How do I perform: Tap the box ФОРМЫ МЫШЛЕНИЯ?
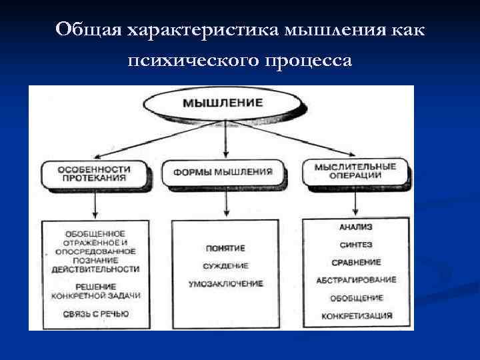coord(223,172)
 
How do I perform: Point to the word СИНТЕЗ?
coord(357,245)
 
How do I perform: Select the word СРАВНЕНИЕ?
coord(357,263)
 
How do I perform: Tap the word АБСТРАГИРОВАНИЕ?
coord(357,280)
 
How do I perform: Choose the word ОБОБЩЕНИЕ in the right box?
coord(357,297)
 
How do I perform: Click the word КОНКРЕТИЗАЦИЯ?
coord(357,315)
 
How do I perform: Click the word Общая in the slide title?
coord(89,30)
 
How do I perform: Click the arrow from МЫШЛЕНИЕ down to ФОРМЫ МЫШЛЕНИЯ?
coord(228,140)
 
